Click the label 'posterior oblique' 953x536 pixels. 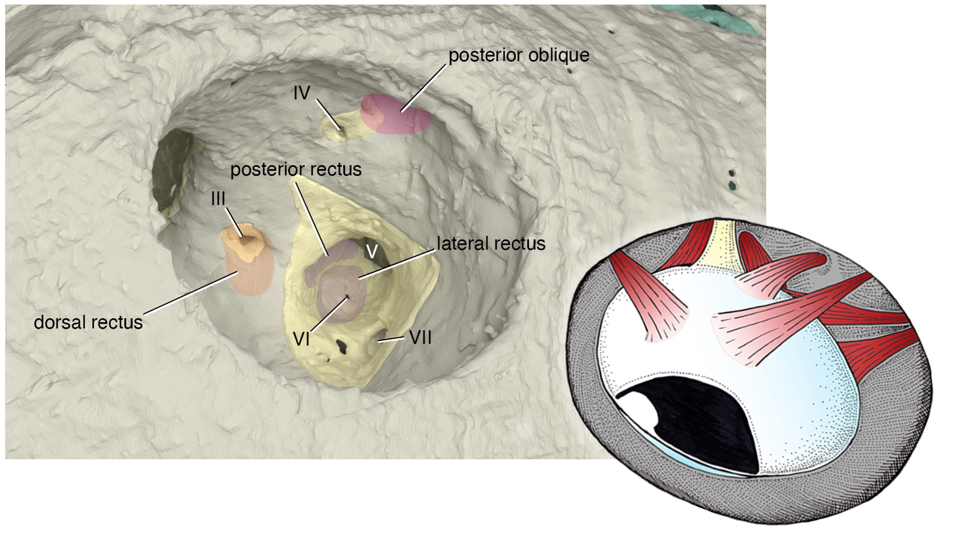(x=519, y=56)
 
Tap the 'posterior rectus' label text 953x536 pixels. (x=296, y=169)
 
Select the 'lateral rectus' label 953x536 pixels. (x=491, y=243)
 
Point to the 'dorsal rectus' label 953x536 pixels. (x=88, y=323)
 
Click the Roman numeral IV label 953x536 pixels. (x=302, y=93)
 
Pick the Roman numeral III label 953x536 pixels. (x=218, y=199)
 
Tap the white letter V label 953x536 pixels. (x=372, y=251)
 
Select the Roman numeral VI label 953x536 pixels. (x=302, y=339)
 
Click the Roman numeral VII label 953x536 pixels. (x=420, y=337)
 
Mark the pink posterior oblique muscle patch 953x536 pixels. (x=395, y=113)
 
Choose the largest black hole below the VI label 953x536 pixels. (x=342, y=345)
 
